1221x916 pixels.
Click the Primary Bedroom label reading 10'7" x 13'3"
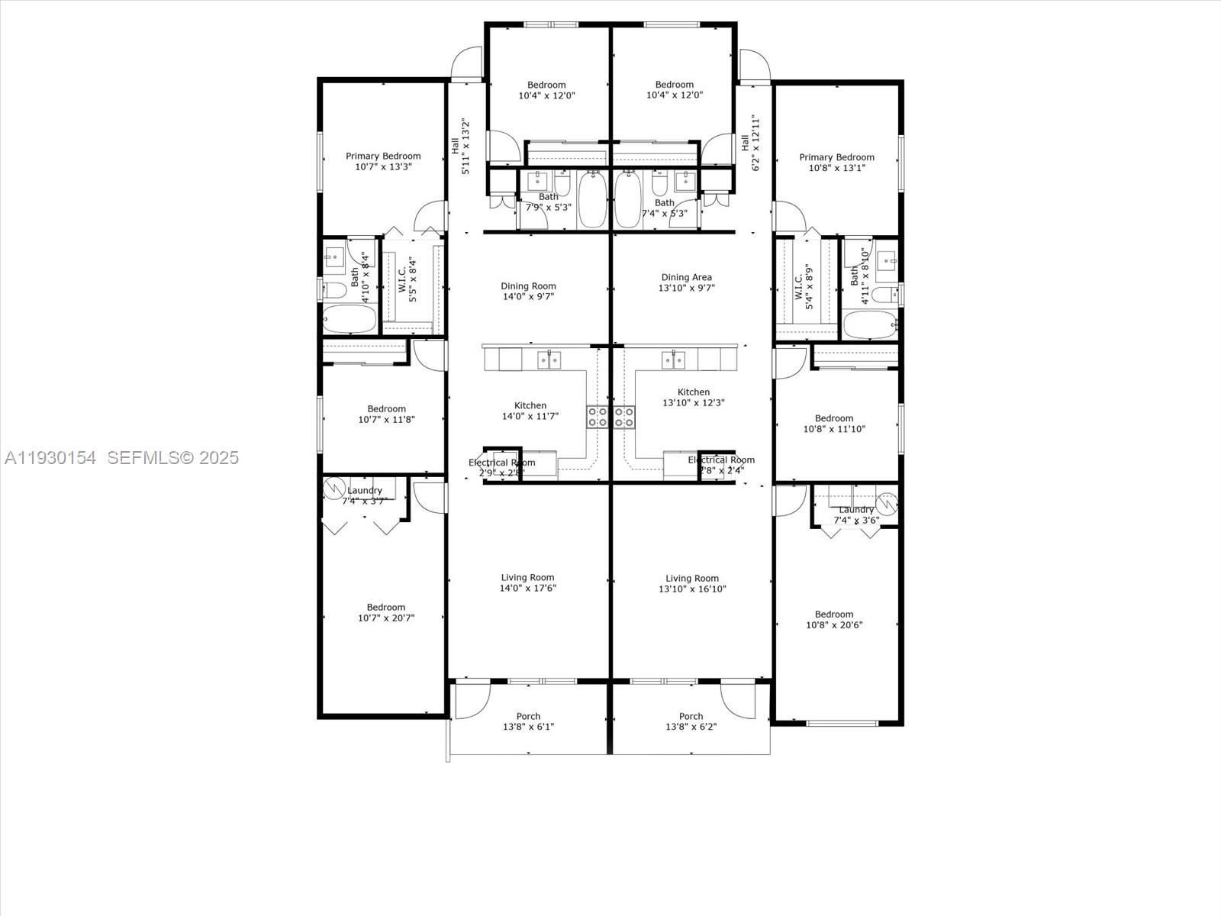(x=383, y=161)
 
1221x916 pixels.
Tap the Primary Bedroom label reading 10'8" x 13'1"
(x=836, y=163)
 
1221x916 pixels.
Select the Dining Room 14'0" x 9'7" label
(x=528, y=292)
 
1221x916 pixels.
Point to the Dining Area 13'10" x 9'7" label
(x=687, y=283)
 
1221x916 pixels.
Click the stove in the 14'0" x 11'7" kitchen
(x=598, y=417)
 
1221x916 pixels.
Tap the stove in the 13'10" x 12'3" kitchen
(x=624, y=417)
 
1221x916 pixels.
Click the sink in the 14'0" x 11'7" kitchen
(x=549, y=359)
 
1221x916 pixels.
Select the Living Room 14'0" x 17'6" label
(x=528, y=582)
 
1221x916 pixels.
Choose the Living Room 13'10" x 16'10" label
(x=692, y=583)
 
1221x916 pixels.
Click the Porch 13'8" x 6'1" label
(x=528, y=721)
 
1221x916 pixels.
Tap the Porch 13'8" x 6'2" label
(x=691, y=721)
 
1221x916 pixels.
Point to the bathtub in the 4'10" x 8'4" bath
(x=349, y=319)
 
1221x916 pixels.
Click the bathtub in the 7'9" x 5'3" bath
(x=592, y=199)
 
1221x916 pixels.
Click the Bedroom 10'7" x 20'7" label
(x=386, y=613)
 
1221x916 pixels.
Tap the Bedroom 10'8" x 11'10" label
(x=834, y=424)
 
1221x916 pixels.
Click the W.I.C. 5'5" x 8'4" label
(x=408, y=279)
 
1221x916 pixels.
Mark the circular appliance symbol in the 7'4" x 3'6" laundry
(x=886, y=504)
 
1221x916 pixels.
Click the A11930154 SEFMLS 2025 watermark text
(x=121, y=458)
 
